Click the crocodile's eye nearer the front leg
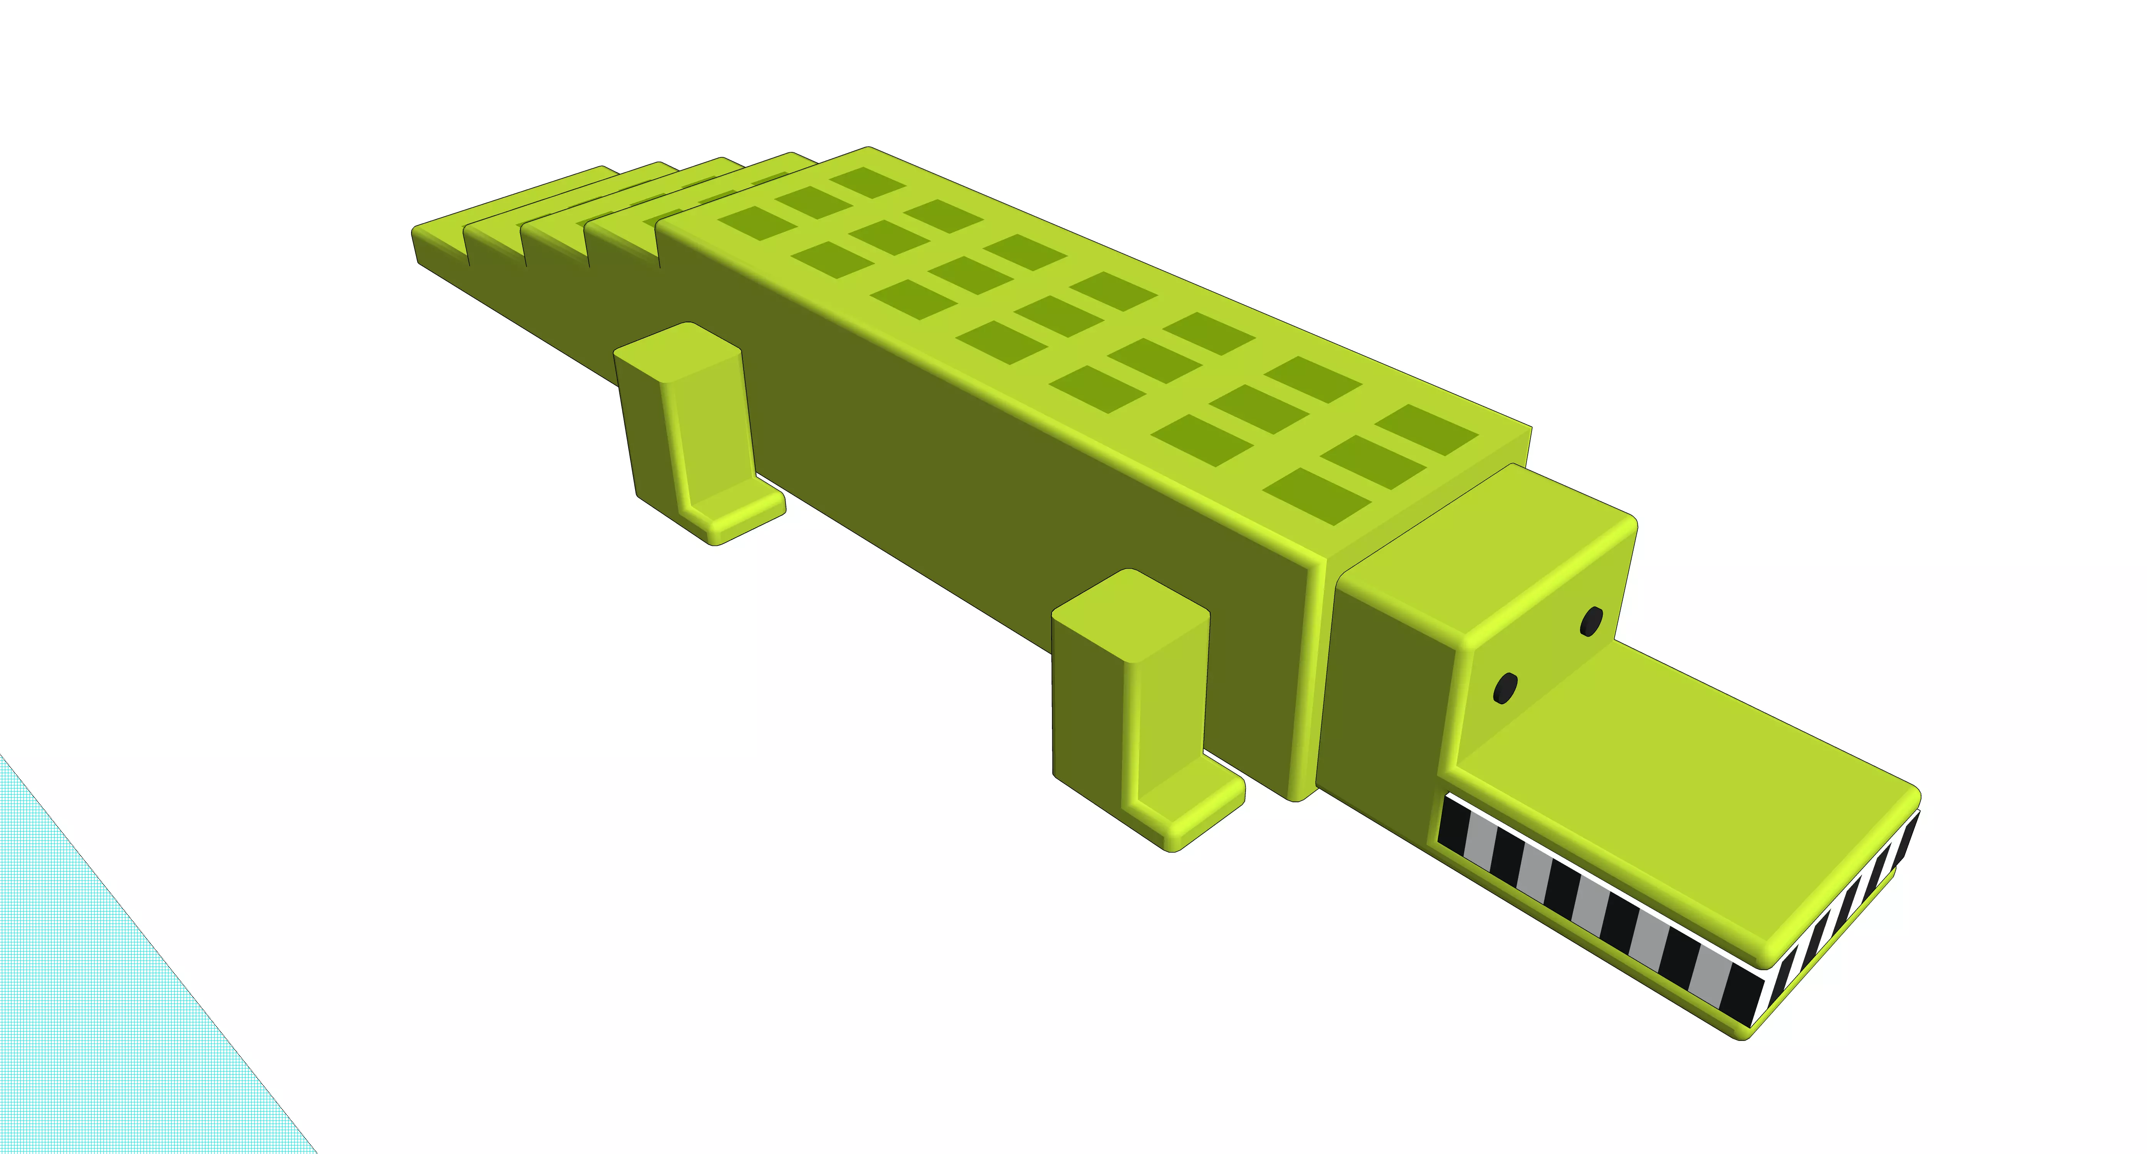tap(1505, 688)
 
